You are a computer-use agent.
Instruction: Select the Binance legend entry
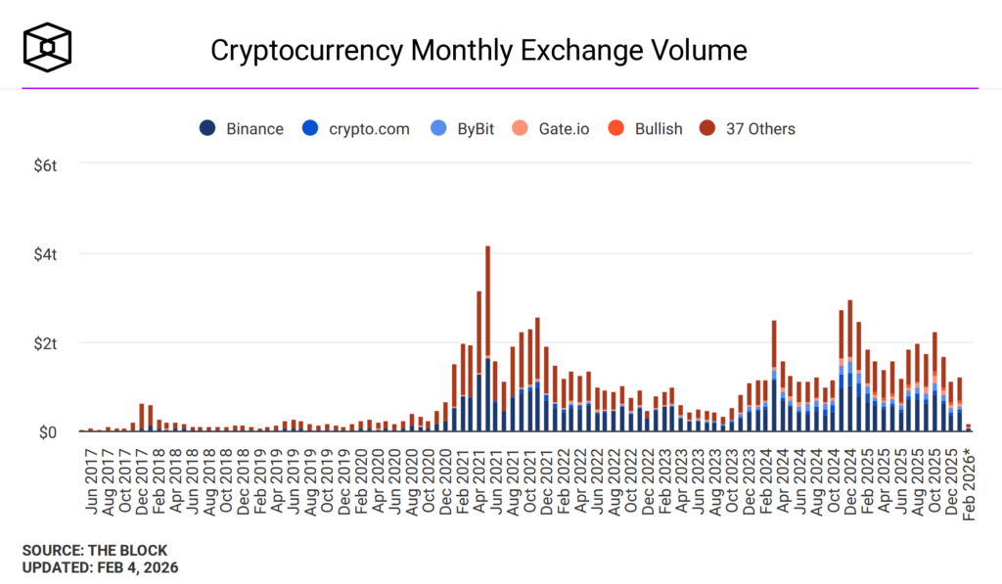tap(242, 129)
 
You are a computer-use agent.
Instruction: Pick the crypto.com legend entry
tap(356, 129)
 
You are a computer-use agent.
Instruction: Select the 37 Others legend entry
tap(748, 129)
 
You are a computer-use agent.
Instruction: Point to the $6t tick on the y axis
tap(45, 165)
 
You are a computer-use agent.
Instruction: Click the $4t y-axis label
tap(45, 254)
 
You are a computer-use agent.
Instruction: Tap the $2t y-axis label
tap(45, 343)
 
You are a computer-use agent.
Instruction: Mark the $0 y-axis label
tap(48, 432)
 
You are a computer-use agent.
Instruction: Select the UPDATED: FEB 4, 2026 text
tap(100, 566)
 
